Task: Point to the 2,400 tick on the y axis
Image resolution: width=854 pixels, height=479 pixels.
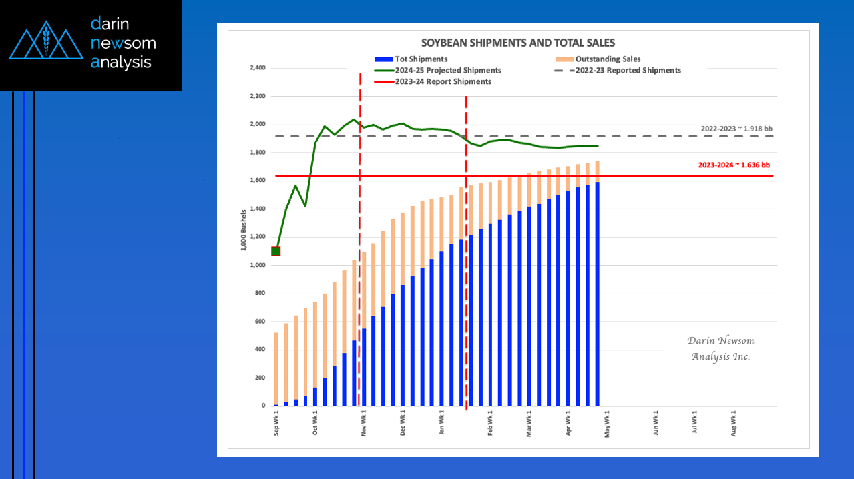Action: point(257,68)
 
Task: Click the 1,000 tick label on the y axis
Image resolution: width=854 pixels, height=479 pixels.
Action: point(257,266)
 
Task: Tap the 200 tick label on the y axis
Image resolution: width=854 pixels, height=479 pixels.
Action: point(260,378)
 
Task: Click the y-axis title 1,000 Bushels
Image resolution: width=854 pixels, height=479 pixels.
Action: point(244,229)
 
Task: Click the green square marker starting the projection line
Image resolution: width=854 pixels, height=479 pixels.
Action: point(276,251)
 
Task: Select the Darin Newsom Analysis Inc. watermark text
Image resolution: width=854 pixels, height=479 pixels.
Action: point(720,348)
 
